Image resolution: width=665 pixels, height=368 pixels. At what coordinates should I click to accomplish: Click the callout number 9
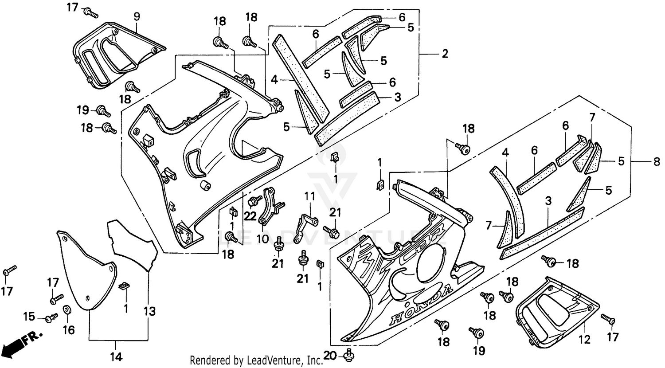point(137,17)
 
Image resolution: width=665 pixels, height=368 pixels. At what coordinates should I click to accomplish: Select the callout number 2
point(445,54)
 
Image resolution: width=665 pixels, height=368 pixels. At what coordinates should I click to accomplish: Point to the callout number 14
point(116,356)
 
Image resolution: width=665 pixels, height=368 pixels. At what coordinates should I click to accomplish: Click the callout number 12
point(585,340)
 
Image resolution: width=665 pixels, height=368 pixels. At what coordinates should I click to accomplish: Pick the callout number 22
point(250,215)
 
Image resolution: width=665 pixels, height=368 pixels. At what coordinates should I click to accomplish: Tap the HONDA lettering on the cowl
point(421,304)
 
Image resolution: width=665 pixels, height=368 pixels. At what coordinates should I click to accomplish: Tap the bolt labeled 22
point(255,201)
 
